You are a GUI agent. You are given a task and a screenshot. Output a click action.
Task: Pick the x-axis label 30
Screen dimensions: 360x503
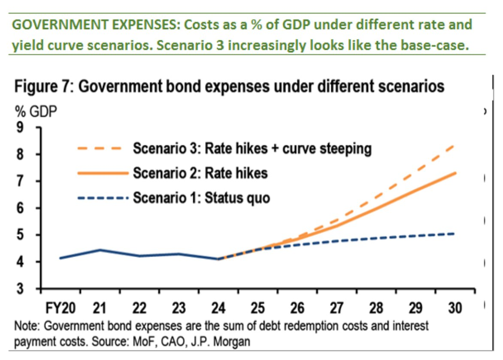(x=455, y=308)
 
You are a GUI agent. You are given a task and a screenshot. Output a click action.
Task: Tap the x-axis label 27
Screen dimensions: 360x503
(x=336, y=308)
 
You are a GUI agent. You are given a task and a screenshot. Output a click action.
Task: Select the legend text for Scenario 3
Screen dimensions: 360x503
(x=252, y=149)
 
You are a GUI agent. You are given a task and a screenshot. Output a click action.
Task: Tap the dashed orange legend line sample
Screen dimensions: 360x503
(x=103, y=149)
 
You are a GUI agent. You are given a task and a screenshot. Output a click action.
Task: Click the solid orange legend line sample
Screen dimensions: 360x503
(x=103, y=173)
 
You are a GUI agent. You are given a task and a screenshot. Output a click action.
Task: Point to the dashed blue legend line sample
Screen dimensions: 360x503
(x=103, y=198)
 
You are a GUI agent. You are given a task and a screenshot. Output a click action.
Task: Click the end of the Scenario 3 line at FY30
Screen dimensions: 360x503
(x=455, y=146)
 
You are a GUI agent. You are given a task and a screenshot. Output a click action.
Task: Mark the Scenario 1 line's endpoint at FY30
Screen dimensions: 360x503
(x=455, y=233)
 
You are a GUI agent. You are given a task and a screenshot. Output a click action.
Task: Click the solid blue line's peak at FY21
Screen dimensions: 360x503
(x=99, y=250)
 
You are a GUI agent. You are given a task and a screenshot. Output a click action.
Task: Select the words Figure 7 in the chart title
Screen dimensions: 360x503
(x=42, y=87)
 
